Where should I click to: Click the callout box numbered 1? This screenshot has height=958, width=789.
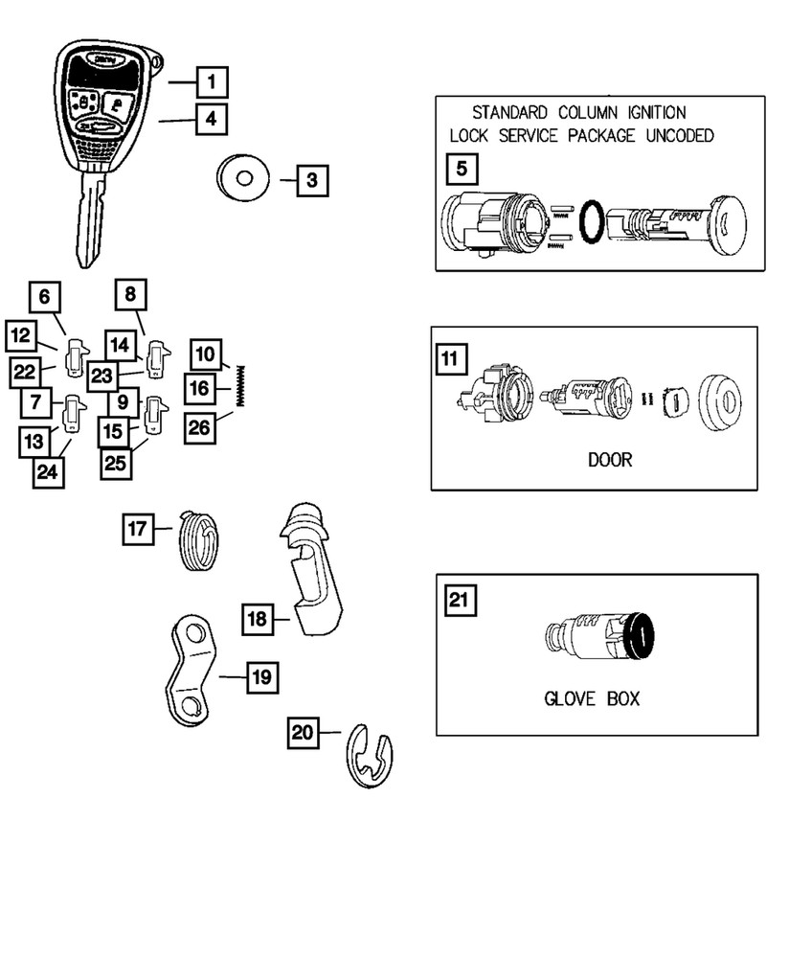coord(213,80)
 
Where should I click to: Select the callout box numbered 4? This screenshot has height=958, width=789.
coord(213,120)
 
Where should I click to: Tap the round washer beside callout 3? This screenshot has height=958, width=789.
coord(238,176)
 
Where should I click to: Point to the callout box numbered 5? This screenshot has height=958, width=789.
coord(462,171)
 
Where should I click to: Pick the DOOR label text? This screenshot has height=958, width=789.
coord(610,459)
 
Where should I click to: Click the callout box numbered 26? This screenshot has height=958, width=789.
coord(199,427)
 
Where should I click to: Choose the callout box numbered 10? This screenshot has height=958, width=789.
coord(205,354)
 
